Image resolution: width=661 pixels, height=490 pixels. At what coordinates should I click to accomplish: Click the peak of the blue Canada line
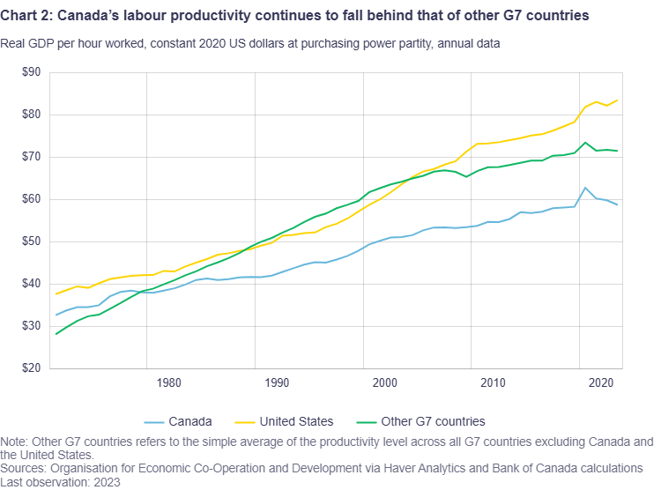(584, 188)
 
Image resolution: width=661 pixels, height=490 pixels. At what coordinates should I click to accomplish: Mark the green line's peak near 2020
(585, 143)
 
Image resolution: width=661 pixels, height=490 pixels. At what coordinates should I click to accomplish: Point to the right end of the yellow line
(617, 100)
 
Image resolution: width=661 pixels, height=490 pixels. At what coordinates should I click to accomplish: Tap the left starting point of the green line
(56, 334)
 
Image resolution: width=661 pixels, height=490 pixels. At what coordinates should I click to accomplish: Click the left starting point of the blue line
(56, 316)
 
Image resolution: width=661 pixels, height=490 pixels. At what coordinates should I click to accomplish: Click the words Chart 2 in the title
(26, 16)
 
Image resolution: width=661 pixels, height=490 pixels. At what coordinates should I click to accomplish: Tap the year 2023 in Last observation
(106, 482)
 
